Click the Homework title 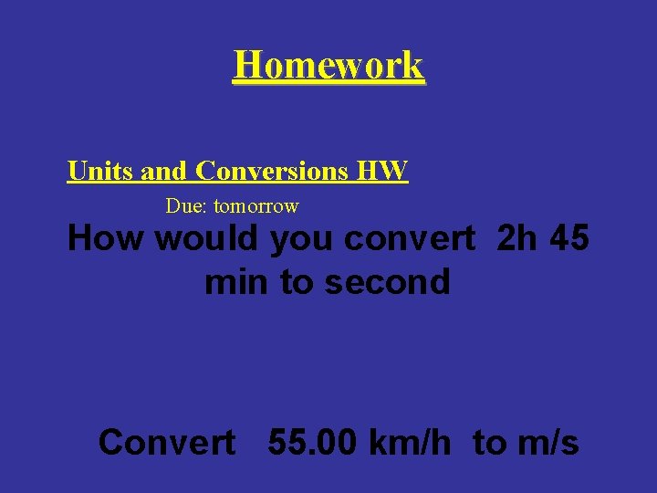[x=328, y=65]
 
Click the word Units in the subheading [x=99, y=171]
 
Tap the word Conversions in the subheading [x=272, y=171]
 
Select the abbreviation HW [x=382, y=171]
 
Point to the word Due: [x=186, y=206]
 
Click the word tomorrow [x=255, y=206]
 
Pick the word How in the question [x=106, y=239]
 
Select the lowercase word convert [x=411, y=239]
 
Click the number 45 [x=570, y=239]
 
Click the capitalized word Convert [x=166, y=443]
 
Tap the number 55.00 [x=314, y=443]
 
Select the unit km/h [x=411, y=443]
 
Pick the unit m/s [x=547, y=443]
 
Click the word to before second [x=297, y=282]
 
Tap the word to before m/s [x=489, y=443]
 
